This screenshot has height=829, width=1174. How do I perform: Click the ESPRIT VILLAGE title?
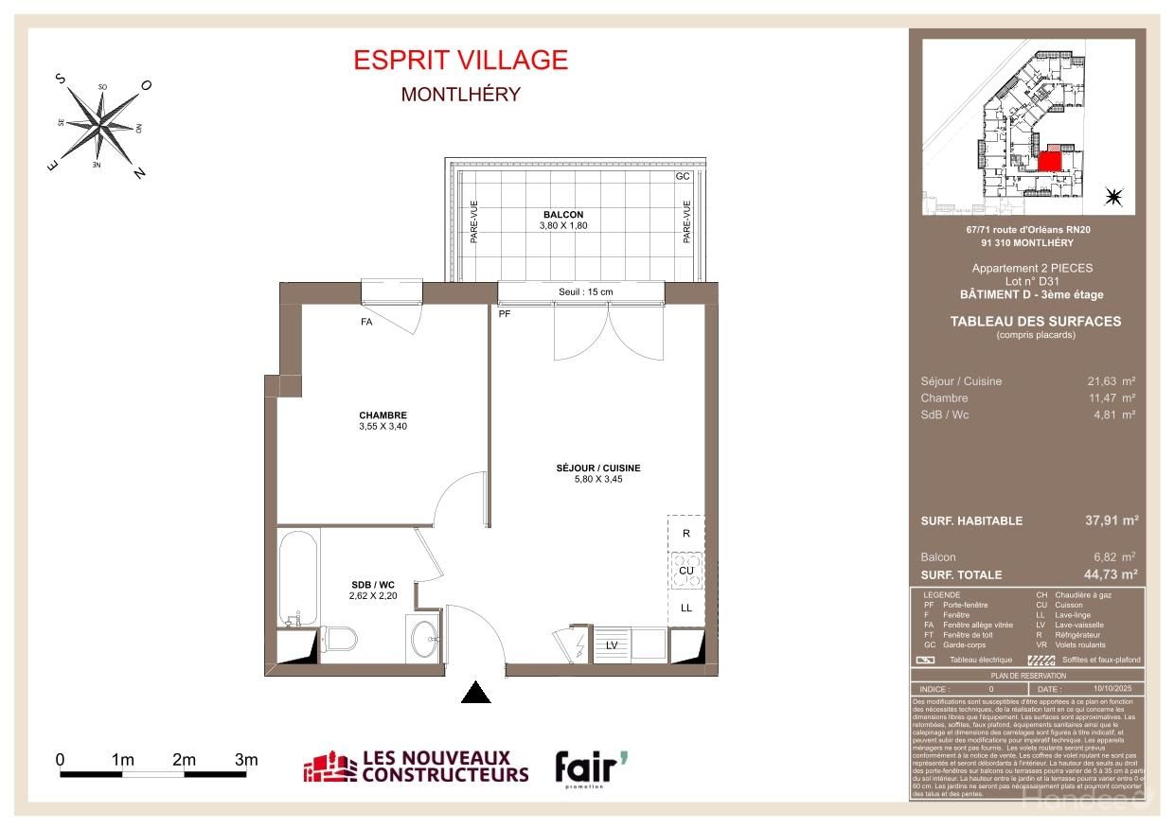pos(460,60)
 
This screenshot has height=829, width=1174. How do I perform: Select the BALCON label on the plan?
pos(563,214)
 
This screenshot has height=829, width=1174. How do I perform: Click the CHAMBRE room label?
pos(382,415)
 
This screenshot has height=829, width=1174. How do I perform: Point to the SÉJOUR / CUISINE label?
pos(598,467)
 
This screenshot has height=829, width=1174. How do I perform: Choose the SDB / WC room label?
pos(364,584)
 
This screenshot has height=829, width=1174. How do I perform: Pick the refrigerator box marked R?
pos(686,533)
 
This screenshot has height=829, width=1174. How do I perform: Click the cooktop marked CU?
pos(686,571)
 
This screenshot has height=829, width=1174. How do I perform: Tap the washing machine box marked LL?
pos(686,608)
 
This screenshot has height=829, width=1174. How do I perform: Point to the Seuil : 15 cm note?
pos(585,291)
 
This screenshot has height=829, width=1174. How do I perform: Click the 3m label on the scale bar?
pos(246,759)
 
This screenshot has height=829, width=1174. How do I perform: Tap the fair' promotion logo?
pos(590,767)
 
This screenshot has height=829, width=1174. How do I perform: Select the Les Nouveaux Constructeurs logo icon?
pos(328,768)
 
